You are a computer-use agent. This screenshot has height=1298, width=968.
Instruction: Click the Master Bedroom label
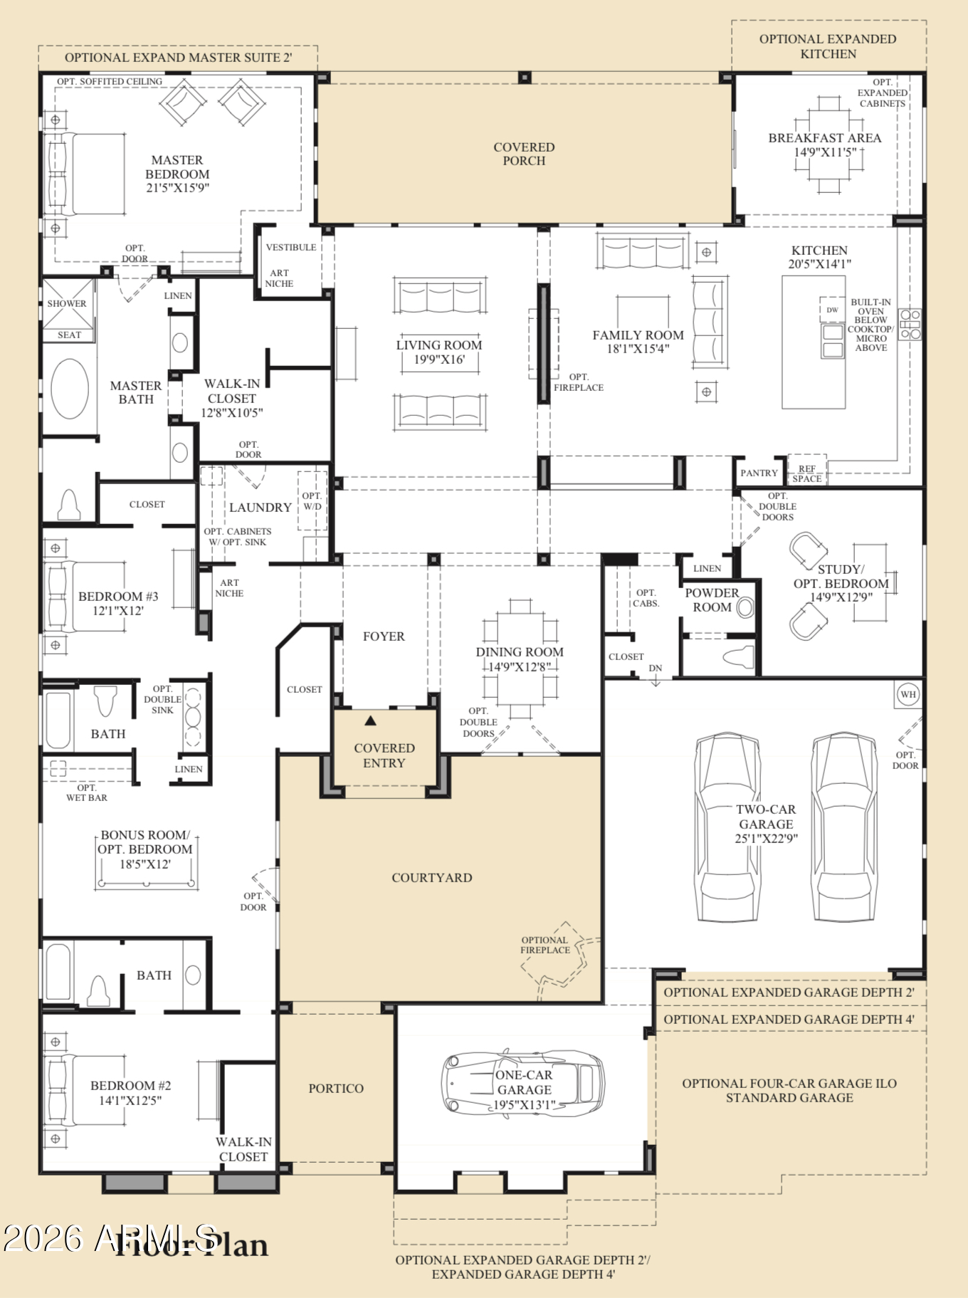click(x=177, y=167)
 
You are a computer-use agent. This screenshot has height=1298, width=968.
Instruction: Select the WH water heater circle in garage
click(x=908, y=694)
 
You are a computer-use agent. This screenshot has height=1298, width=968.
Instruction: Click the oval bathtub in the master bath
click(x=70, y=389)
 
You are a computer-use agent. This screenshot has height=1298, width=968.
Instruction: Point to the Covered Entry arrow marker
click(x=370, y=721)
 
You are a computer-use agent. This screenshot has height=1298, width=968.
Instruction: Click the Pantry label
click(x=759, y=473)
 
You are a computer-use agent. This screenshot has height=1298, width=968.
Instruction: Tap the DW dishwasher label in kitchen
click(x=832, y=310)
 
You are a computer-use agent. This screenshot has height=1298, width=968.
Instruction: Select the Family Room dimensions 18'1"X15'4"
click(x=638, y=349)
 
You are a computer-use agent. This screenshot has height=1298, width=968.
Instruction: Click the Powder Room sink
click(x=745, y=607)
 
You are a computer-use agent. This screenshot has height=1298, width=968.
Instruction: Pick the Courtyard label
click(x=431, y=878)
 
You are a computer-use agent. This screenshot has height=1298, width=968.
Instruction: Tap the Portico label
click(x=336, y=1089)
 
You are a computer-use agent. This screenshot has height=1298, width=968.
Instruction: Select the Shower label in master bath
click(x=67, y=303)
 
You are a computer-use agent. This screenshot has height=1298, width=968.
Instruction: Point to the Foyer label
click(x=384, y=637)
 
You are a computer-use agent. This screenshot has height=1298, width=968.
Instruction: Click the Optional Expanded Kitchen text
click(x=828, y=46)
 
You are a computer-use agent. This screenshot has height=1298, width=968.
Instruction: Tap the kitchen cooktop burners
click(x=910, y=324)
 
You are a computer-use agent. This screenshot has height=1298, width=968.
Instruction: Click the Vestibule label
click(x=291, y=247)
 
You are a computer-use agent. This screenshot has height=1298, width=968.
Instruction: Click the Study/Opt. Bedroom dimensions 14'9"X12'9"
click(x=841, y=597)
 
